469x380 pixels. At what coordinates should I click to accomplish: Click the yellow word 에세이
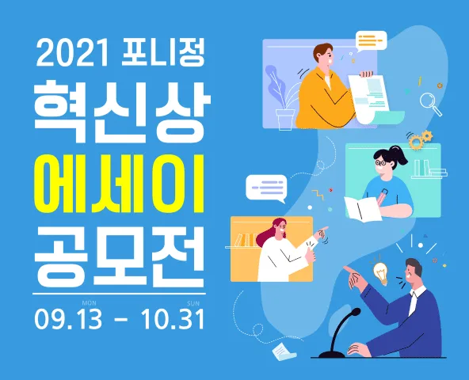point(120,184)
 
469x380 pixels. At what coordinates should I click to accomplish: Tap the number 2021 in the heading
point(72,53)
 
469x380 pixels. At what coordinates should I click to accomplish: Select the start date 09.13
point(68,319)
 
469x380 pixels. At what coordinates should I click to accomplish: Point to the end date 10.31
point(173,319)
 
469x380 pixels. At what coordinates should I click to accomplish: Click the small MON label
point(90,303)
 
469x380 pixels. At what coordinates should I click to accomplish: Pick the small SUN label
point(193,303)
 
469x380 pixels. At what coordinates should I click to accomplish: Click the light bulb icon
point(379,274)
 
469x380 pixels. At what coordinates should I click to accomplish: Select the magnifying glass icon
point(431,104)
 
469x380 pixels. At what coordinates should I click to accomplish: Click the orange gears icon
point(420,139)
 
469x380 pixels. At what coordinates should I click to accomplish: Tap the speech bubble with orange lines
point(371,40)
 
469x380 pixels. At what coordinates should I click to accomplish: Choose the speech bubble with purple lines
point(266,188)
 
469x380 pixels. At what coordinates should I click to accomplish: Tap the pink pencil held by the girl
point(381,196)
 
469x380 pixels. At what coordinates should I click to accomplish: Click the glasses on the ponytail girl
point(381,163)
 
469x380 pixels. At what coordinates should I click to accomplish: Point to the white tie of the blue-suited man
point(413,302)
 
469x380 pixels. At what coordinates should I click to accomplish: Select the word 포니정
point(163,52)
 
